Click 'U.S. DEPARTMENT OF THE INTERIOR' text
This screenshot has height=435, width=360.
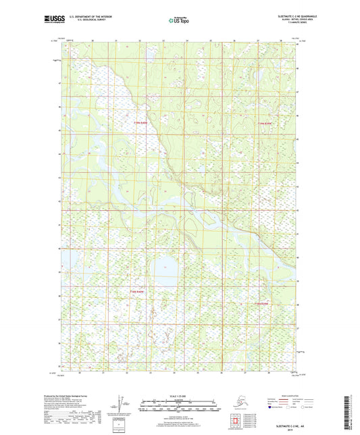85,15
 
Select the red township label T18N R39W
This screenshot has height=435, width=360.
263,303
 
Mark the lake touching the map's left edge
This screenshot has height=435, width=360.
68,259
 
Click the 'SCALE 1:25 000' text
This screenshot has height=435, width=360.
180,395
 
